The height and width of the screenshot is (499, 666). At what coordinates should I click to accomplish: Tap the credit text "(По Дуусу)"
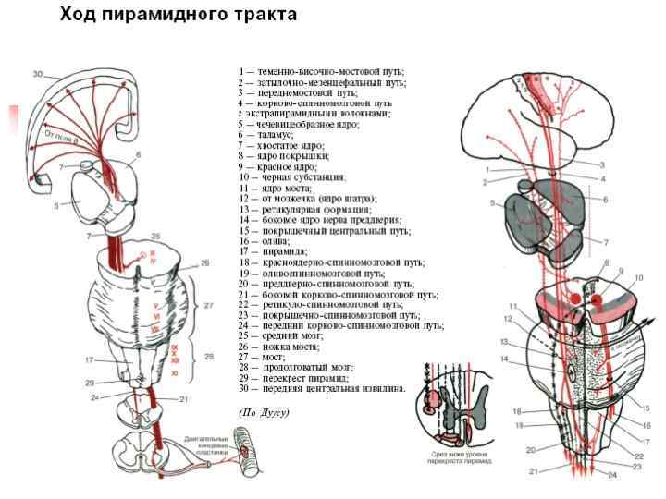[x=265, y=412]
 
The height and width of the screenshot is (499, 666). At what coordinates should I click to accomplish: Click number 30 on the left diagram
[x=37, y=73]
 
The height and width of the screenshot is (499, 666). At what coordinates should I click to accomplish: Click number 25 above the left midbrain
[x=155, y=237]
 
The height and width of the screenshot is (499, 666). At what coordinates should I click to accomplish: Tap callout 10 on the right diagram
[x=638, y=277]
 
